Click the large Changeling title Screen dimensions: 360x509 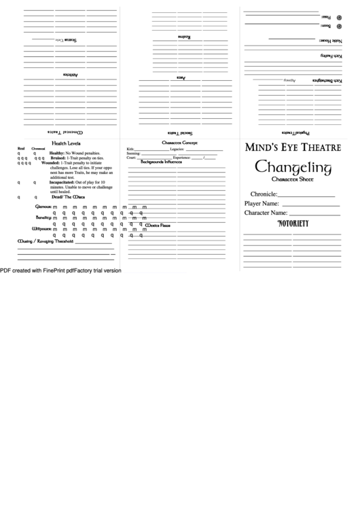(292, 168)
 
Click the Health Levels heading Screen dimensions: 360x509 (67, 143)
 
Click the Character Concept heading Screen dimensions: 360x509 (179, 143)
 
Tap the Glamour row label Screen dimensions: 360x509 (43, 207)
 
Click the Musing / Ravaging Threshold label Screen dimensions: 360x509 (45, 241)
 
